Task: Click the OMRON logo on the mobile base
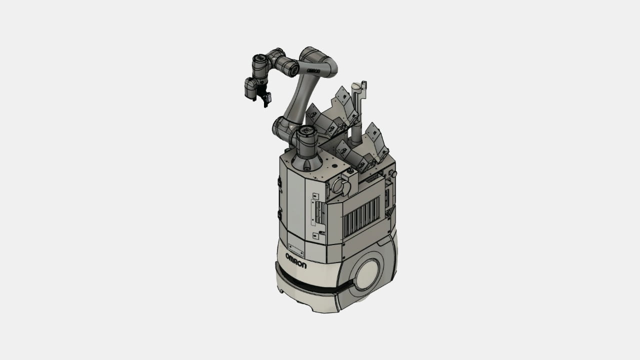coord(296,260)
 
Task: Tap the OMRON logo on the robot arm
coord(313,70)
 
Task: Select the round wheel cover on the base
coord(367,275)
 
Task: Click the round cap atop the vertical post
coord(356,85)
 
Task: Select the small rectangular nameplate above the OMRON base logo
coord(295,249)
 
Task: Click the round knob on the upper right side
coord(393,174)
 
